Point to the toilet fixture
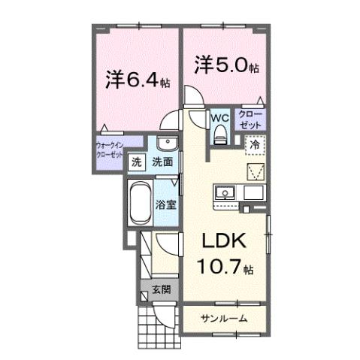[x=220, y=135]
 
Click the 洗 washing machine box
[x=138, y=161]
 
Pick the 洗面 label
[x=163, y=161]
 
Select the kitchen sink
[x=225, y=194]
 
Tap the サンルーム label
[x=223, y=319]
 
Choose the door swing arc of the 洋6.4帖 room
[x=173, y=120]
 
